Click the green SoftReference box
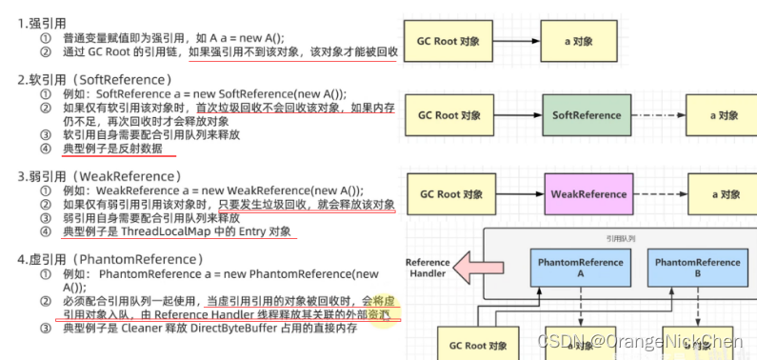[x=587, y=116]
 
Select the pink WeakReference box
[x=588, y=194]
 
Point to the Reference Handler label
[x=428, y=269]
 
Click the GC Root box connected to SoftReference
[x=449, y=116]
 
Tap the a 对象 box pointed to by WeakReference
[x=726, y=194]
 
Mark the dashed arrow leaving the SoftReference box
[x=661, y=116]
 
